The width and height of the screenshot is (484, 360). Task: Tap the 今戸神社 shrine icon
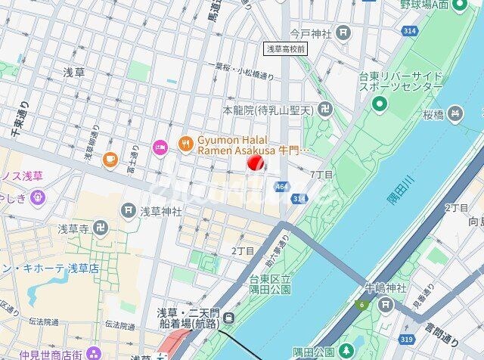(x=344, y=32)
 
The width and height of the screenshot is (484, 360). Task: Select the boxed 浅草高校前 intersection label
(x=284, y=48)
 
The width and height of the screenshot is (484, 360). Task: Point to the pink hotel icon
(x=159, y=146)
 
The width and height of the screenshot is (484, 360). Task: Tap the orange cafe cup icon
(x=110, y=159)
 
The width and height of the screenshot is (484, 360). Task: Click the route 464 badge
(x=281, y=186)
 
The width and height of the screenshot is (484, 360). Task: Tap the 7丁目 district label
(x=321, y=175)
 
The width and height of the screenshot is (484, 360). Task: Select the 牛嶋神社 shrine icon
(x=386, y=305)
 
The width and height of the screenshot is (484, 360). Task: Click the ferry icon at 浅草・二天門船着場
(x=228, y=318)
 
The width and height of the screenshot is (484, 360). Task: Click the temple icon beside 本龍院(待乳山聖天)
(x=325, y=110)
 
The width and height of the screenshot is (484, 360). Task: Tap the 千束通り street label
(x=19, y=119)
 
